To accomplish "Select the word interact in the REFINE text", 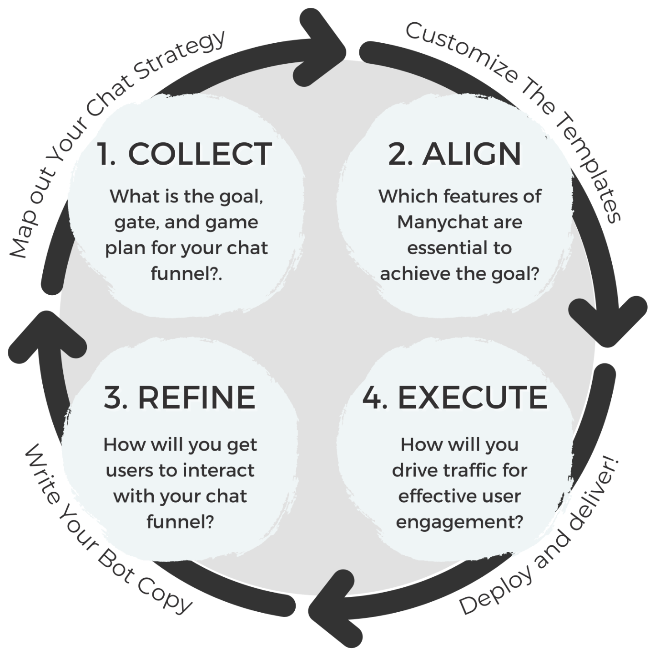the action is coord(222,470).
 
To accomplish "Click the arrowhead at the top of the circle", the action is coord(321,45).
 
